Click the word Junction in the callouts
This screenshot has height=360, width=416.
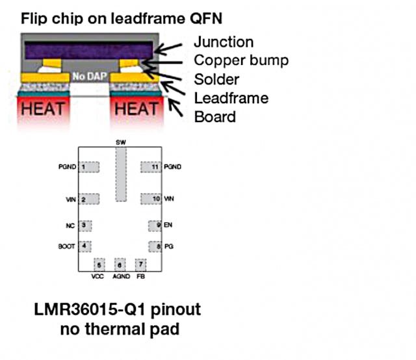(x=224, y=42)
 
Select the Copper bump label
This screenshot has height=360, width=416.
(x=240, y=61)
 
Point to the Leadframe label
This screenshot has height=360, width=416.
(x=231, y=99)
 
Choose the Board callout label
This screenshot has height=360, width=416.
(x=214, y=118)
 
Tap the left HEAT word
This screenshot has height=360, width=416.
(x=44, y=109)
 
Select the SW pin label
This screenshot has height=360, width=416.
(x=120, y=142)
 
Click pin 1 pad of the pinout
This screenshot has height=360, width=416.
(x=88, y=167)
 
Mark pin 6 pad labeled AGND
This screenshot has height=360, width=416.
(x=120, y=264)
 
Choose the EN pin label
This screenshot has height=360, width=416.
(x=168, y=225)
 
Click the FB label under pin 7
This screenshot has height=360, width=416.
(x=140, y=276)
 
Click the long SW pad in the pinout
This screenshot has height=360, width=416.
(x=120, y=174)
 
